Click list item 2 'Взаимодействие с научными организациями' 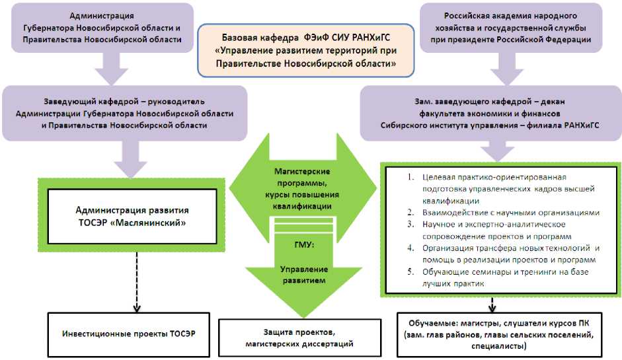510,213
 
